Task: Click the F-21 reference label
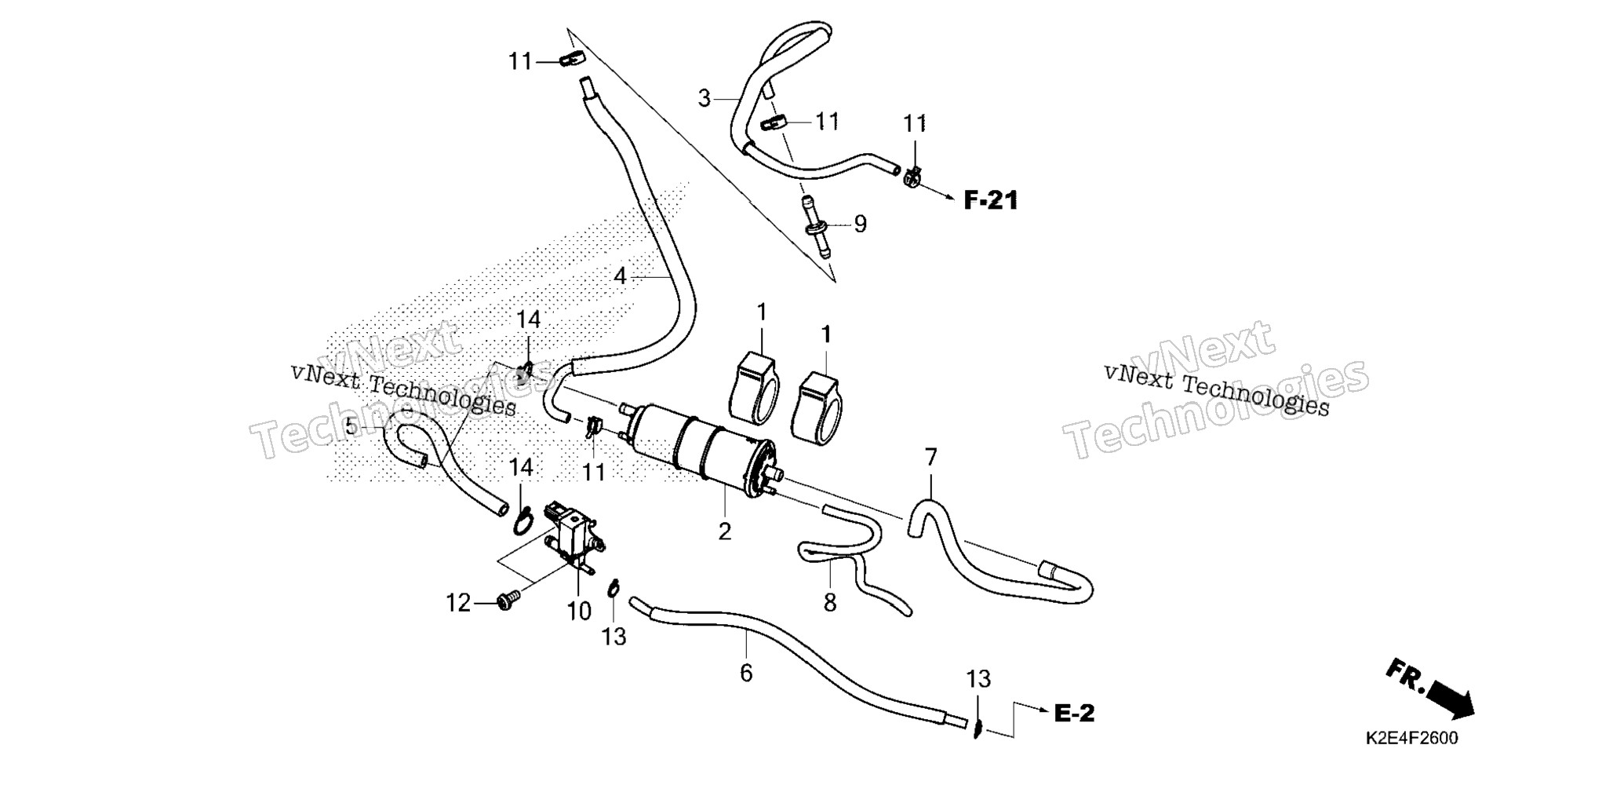[990, 201]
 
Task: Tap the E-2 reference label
[1074, 714]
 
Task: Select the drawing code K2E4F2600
[1411, 739]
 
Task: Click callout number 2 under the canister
[724, 531]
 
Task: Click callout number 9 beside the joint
[861, 225]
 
